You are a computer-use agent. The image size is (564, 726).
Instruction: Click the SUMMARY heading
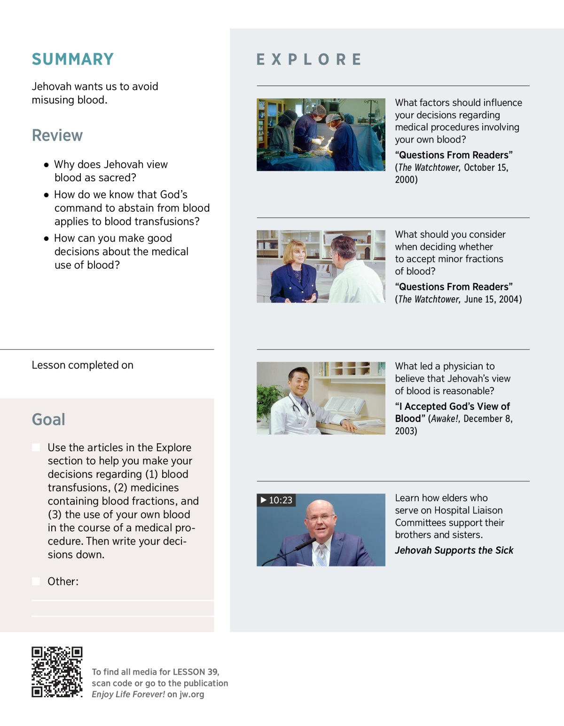pos(73,59)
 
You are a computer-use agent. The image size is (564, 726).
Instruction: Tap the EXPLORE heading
pos(309,59)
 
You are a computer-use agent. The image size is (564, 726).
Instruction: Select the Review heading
pos(57,136)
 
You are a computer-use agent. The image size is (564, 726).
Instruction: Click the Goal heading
pos(48,420)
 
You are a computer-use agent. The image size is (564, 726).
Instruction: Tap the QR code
pos(57,672)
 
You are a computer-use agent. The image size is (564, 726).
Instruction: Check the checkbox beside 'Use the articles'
pos(36,447)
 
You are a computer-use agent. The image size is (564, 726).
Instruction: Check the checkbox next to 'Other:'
pos(36,582)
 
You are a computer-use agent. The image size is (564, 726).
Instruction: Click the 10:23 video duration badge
pos(276,500)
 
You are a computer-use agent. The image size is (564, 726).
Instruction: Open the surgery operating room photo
pos(321,135)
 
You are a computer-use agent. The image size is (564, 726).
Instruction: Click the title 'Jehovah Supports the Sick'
pos(454,550)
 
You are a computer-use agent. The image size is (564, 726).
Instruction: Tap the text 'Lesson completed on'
pos(83,365)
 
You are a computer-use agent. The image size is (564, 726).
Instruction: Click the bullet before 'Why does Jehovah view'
pos(46,165)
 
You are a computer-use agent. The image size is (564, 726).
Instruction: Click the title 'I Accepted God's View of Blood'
pos(452,412)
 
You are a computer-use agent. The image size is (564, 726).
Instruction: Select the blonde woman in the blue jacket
pos(295,268)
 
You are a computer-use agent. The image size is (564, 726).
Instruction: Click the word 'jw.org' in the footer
pos(192,694)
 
